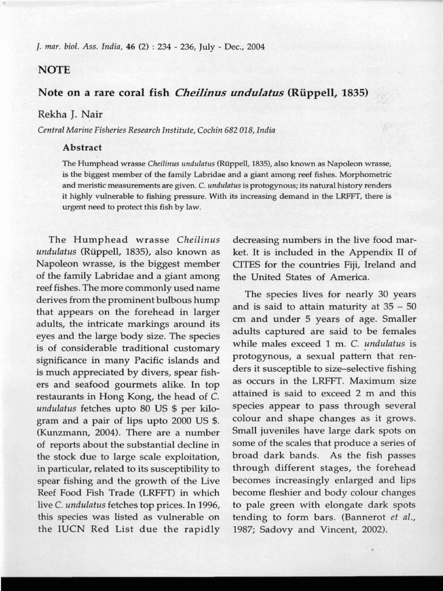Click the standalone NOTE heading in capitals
[54, 70]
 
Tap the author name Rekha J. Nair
[69, 114]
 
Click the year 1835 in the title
[352, 92]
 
